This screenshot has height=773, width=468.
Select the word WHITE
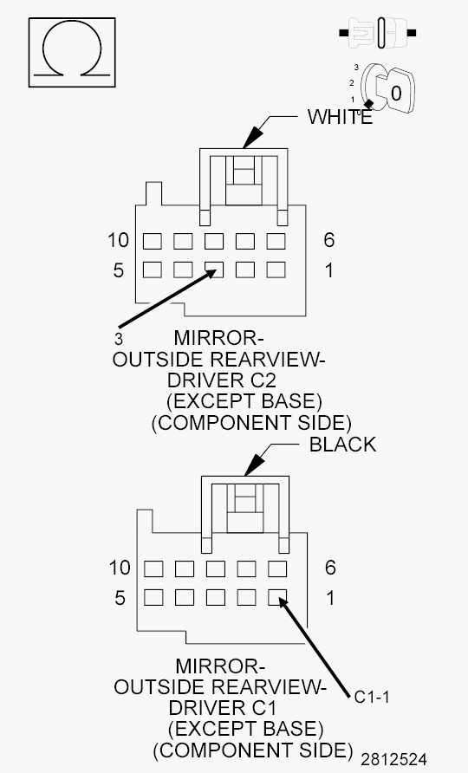click(340, 118)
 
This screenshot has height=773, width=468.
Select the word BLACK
click(342, 445)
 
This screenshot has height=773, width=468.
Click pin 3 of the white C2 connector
click(214, 270)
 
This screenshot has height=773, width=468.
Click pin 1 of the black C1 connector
click(277, 597)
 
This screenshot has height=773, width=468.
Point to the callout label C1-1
click(374, 694)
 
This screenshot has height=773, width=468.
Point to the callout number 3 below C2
click(118, 336)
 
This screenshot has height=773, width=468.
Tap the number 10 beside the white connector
click(119, 240)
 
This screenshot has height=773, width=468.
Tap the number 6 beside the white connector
click(329, 240)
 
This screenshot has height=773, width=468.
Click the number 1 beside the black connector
click(329, 598)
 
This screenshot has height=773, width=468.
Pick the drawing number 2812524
click(394, 759)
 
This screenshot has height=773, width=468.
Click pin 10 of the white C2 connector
click(153, 240)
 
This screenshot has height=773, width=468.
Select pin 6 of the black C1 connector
click(277, 568)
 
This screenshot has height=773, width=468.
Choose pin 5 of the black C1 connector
click(153, 597)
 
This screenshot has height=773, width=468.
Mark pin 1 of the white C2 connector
click(276, 270)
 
